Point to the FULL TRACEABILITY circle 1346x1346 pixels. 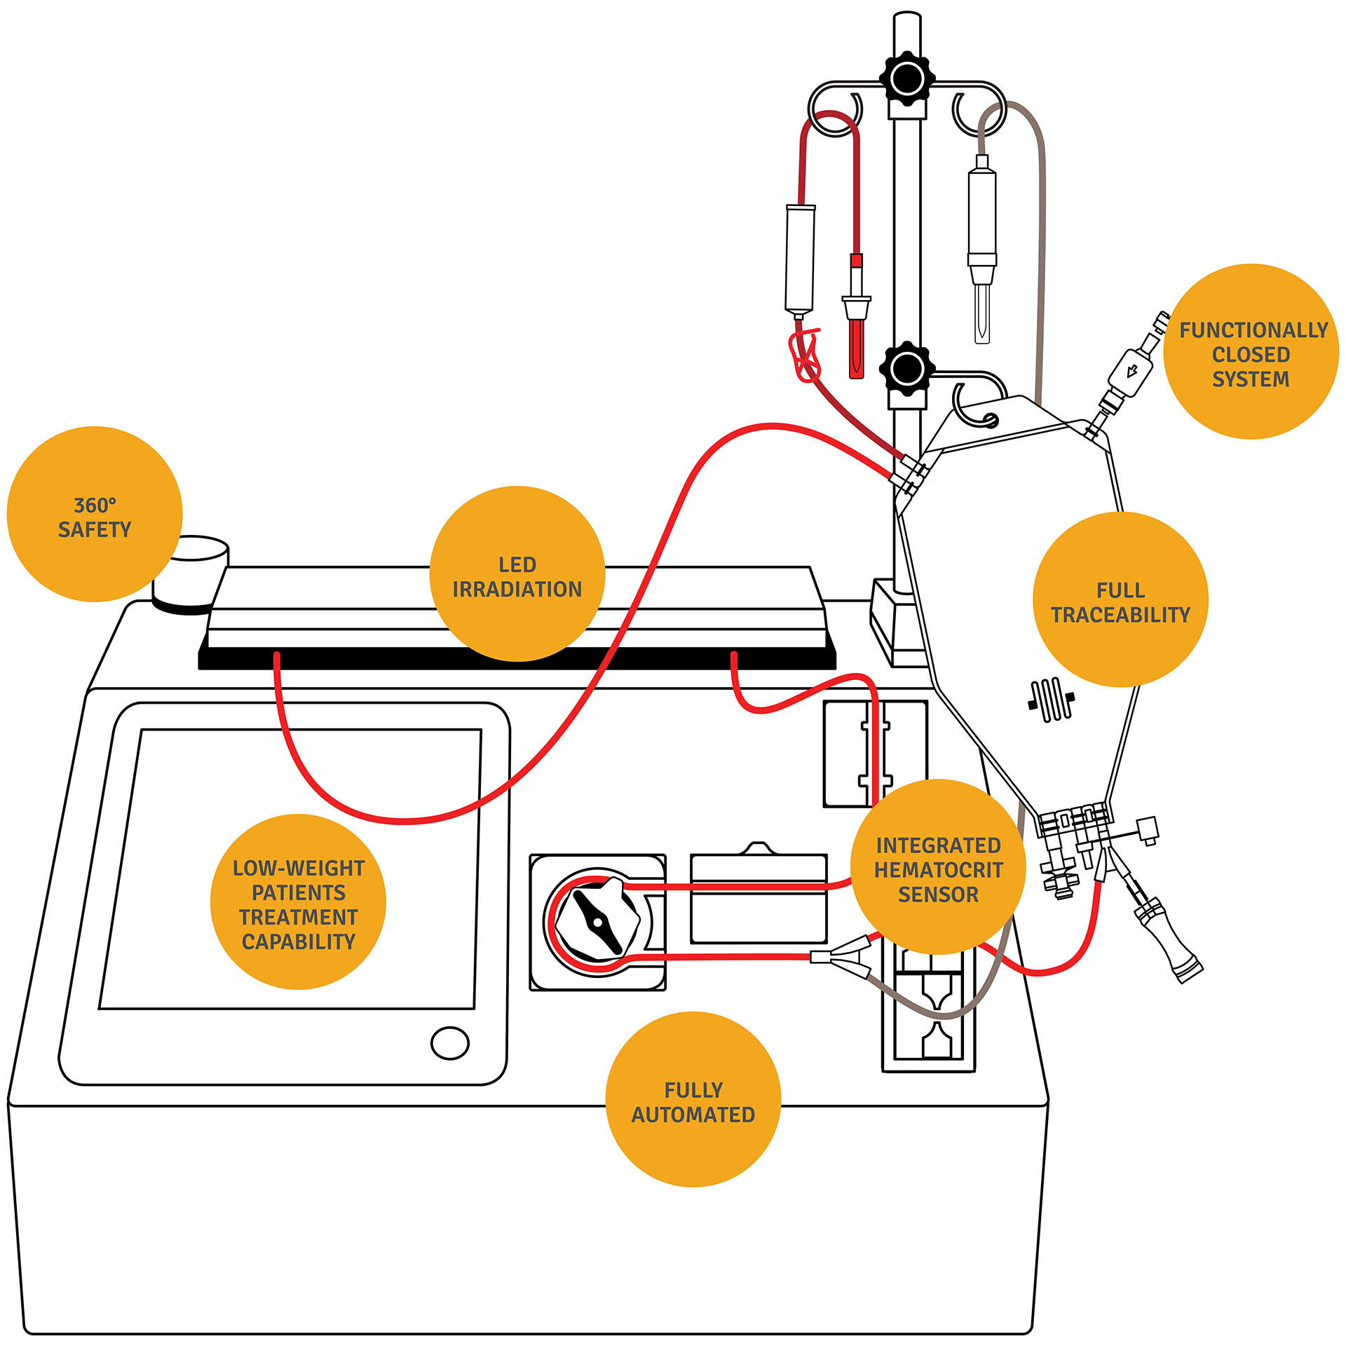click(1120, 600)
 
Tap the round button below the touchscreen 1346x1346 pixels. click(449, 1043)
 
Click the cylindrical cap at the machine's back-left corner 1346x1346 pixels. click(191, 572)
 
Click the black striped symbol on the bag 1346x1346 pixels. click(1051, 699)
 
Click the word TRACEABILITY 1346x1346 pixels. click(1120, 615)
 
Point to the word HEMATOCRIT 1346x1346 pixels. click(938, 870)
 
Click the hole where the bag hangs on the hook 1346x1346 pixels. click(990, 420)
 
